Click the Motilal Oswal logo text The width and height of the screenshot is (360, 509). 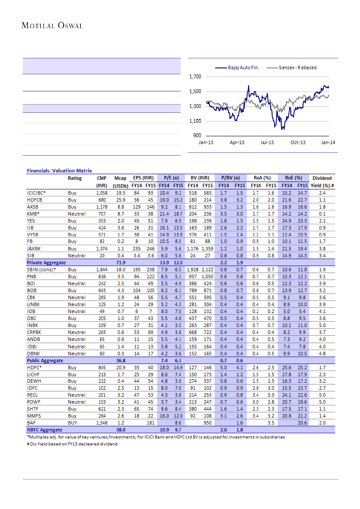coord(52,26)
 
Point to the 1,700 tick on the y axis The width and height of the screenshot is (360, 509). coord(195,77)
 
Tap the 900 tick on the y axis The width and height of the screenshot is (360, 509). coord(197,136)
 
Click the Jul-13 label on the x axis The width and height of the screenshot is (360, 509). coord(267,143)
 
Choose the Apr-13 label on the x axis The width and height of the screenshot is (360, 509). coord(237,143)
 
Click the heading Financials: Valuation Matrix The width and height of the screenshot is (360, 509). coord(59,171)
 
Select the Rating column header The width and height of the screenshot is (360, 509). coord(75,178)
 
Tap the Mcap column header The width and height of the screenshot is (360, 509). coord(120,178)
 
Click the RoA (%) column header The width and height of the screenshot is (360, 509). coord(262,178)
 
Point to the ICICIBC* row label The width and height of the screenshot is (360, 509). coord(36,192)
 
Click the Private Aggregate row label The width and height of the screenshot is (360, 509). coord(46,263)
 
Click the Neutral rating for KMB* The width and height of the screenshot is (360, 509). coord(76,214)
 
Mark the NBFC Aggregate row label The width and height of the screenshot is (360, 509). coord(44,430)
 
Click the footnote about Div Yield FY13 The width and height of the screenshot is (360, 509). coord(72,444)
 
